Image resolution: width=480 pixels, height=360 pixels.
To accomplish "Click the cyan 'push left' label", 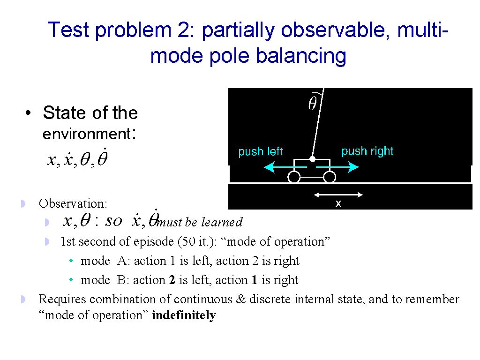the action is click(x=261, y=151).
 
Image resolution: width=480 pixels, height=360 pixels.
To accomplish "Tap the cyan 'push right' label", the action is click(x=367, y=151).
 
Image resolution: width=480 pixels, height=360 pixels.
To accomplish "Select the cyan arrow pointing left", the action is click(x=285, y=167).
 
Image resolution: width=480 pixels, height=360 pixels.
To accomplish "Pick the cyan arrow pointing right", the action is click(x=337, y=167).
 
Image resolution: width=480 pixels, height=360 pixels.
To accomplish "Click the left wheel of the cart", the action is click(x=294, y=177).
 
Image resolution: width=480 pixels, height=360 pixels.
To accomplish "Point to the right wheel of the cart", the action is click(x=330, y=177).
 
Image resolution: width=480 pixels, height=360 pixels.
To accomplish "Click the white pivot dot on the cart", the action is click(x=312, y=159).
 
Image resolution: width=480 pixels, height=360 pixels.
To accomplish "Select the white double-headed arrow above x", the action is click(x=338, y=195).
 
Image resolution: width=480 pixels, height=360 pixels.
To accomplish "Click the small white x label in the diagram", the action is click(x=338, y=203).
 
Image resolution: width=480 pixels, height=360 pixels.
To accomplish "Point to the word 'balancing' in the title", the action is click(x=301, y=56).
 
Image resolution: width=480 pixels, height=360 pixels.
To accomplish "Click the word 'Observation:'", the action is click(x=73, y=203).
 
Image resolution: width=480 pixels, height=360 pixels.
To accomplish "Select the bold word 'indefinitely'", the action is click(x=184, y=315).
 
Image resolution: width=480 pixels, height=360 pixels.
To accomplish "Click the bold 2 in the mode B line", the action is click(x=172, y=280).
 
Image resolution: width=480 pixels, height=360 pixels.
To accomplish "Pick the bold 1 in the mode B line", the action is click(x=254, y=280).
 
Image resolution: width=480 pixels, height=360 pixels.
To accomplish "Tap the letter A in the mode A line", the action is click(x=122, y=261).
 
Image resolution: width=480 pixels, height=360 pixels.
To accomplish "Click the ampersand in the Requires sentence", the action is click(x=241, y=299).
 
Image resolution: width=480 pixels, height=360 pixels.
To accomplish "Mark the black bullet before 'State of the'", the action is click(x=28, y=113).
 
